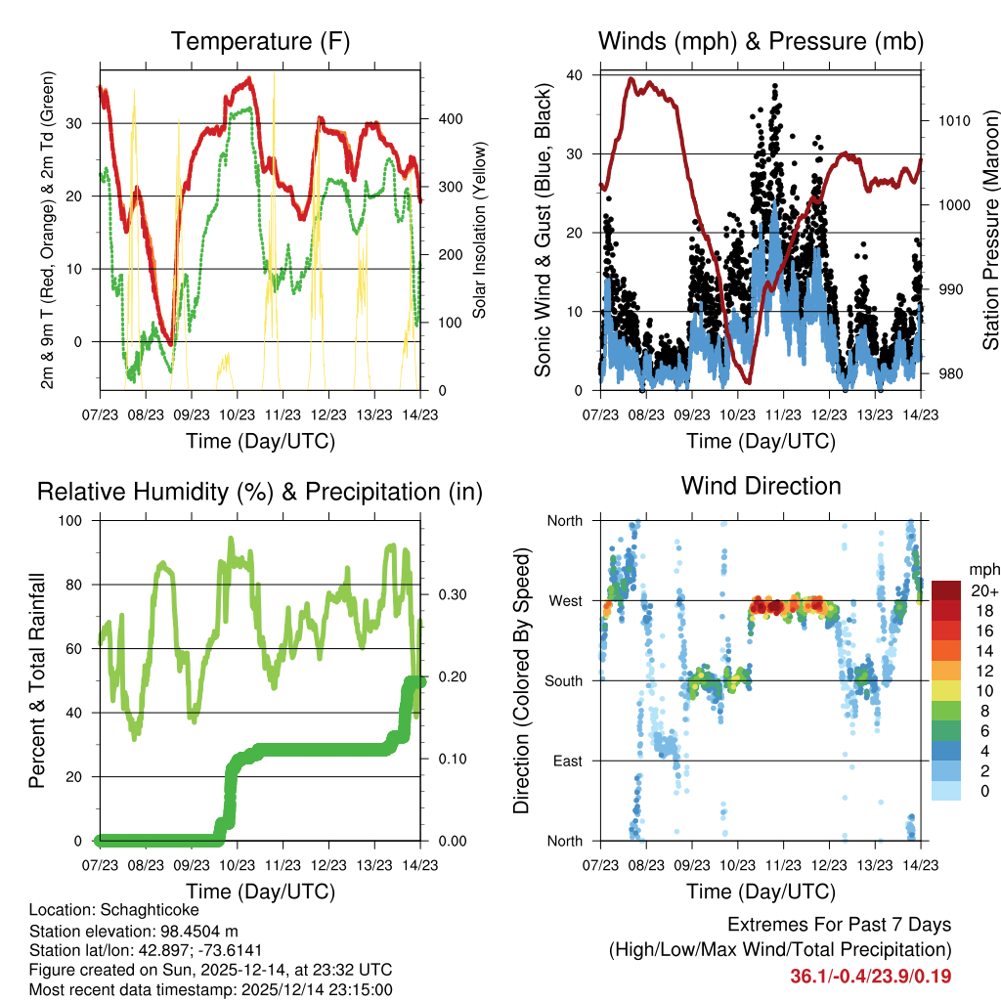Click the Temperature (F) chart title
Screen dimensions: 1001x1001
[x=260, y=42]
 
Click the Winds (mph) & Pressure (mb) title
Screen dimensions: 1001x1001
[x=761, y=42]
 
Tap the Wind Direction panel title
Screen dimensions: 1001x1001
[x=761, y=486]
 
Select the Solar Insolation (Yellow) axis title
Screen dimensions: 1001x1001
[x=479, y=231]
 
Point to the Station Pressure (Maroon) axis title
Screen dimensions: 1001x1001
[x=990, y=231]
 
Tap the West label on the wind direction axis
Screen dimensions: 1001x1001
[x=565, y=600]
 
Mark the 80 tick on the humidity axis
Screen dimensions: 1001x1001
[x=81, y=585]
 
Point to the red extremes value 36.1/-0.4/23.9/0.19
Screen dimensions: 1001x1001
[x=871, y=976]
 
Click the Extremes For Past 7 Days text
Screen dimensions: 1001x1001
[x=839, y=925]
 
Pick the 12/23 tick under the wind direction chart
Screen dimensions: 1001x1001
[x=829, y=865]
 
